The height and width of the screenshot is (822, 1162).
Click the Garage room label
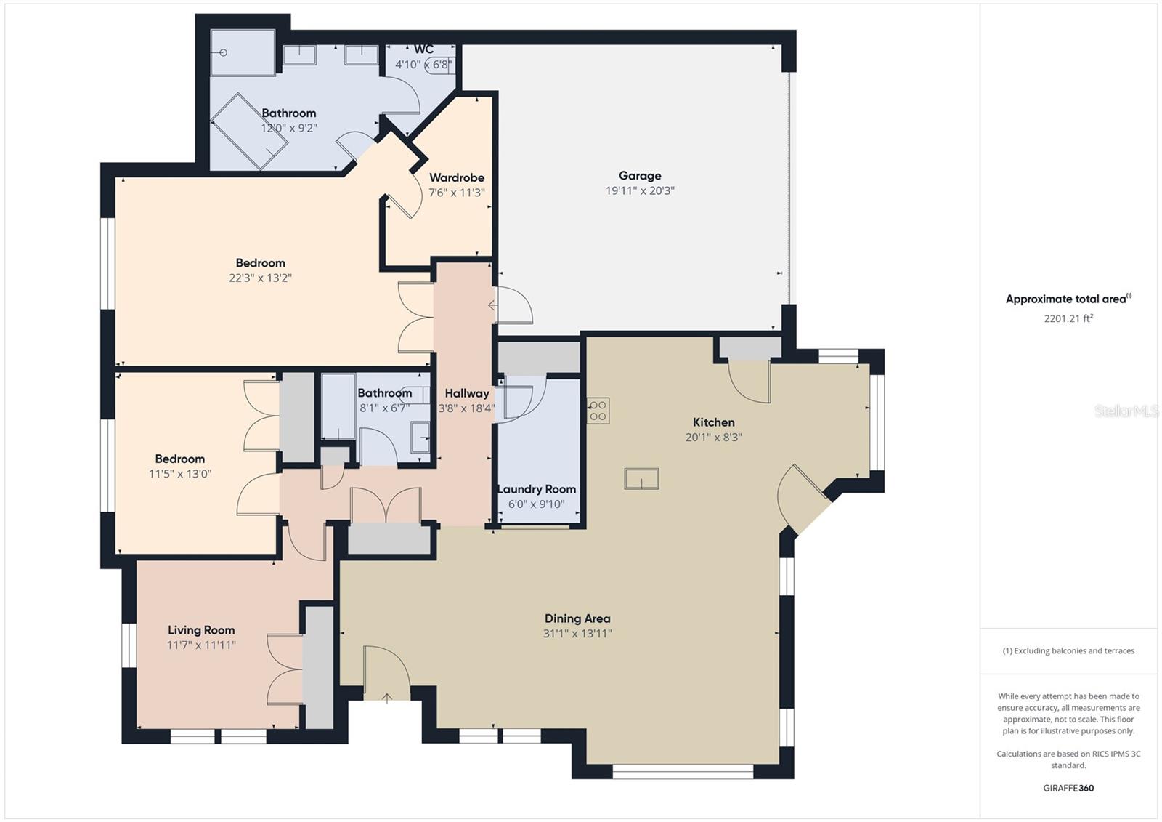coord(640,175)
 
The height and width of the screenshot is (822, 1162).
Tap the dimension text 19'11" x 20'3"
coord(640,190)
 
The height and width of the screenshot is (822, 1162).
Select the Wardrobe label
coord(457,177)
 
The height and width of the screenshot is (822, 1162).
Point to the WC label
coord(424,49)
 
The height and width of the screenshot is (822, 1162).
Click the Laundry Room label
coord(537,489)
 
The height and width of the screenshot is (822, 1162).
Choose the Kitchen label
coord(714,422)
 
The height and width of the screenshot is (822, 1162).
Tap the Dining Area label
coord(577,618)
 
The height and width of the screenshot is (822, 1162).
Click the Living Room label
coord(201,630)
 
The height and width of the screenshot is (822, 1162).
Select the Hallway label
coord(467,394)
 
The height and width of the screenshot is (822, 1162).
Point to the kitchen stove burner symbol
coord(598,411)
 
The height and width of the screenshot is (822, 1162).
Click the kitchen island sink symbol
coord(642,478)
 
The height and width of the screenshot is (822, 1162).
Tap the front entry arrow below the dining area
coord(387,698)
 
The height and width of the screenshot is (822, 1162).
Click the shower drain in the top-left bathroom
coord(224,52)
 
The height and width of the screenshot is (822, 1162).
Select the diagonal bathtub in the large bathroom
coord(249,132)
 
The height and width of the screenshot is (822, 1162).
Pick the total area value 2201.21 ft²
coord(1068,318)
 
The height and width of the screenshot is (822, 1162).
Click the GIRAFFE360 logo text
coord(1068,788)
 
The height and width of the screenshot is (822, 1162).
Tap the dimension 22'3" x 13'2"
coord(261,278)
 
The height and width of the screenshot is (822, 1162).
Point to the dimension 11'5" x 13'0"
coord(180,474)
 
